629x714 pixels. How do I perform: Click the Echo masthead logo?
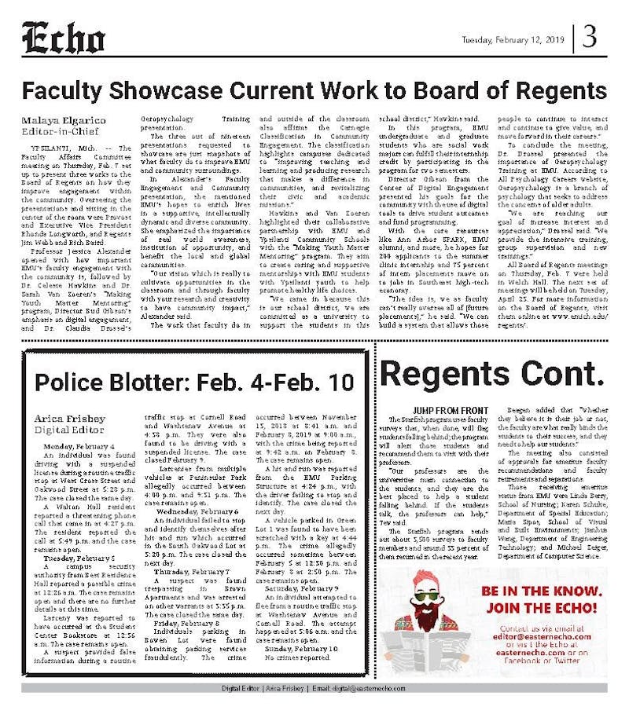coord(63,38)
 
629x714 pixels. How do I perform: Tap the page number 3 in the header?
coord(590,38)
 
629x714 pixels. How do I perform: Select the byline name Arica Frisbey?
coord(69,419)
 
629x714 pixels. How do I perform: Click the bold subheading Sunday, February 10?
coord(301,648)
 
